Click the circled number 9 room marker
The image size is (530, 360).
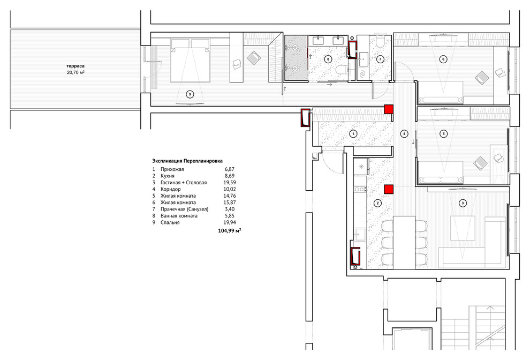pyautogui.click(x=189, y=94)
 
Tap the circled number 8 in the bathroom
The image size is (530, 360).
pyautogui.click(x=328, y=58)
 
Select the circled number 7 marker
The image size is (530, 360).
pyautogui.click(x=380, y=59)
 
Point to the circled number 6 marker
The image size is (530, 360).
pyautogui.click(x=443, y=59)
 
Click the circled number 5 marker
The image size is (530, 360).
pyautogui.click(x=443, y=133)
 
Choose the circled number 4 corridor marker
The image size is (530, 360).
pyautogui.click(x=404, y=133)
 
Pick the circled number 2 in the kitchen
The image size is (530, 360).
pyautogui.click(x=377, y=203)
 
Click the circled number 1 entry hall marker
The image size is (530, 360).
pyautogui.click(x=353, y=133)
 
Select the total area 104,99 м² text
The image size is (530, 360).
pyautogui.click(x=230, y=230)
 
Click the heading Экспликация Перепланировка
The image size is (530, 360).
pyautogui.click(x=187, y=160)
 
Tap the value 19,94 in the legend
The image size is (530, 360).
pyautogui.click(x=230, y=222)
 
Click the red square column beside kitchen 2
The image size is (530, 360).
pyautogui.click(x=389, y=189)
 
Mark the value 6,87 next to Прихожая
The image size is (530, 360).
pyautogui.click(x=230, y=169)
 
